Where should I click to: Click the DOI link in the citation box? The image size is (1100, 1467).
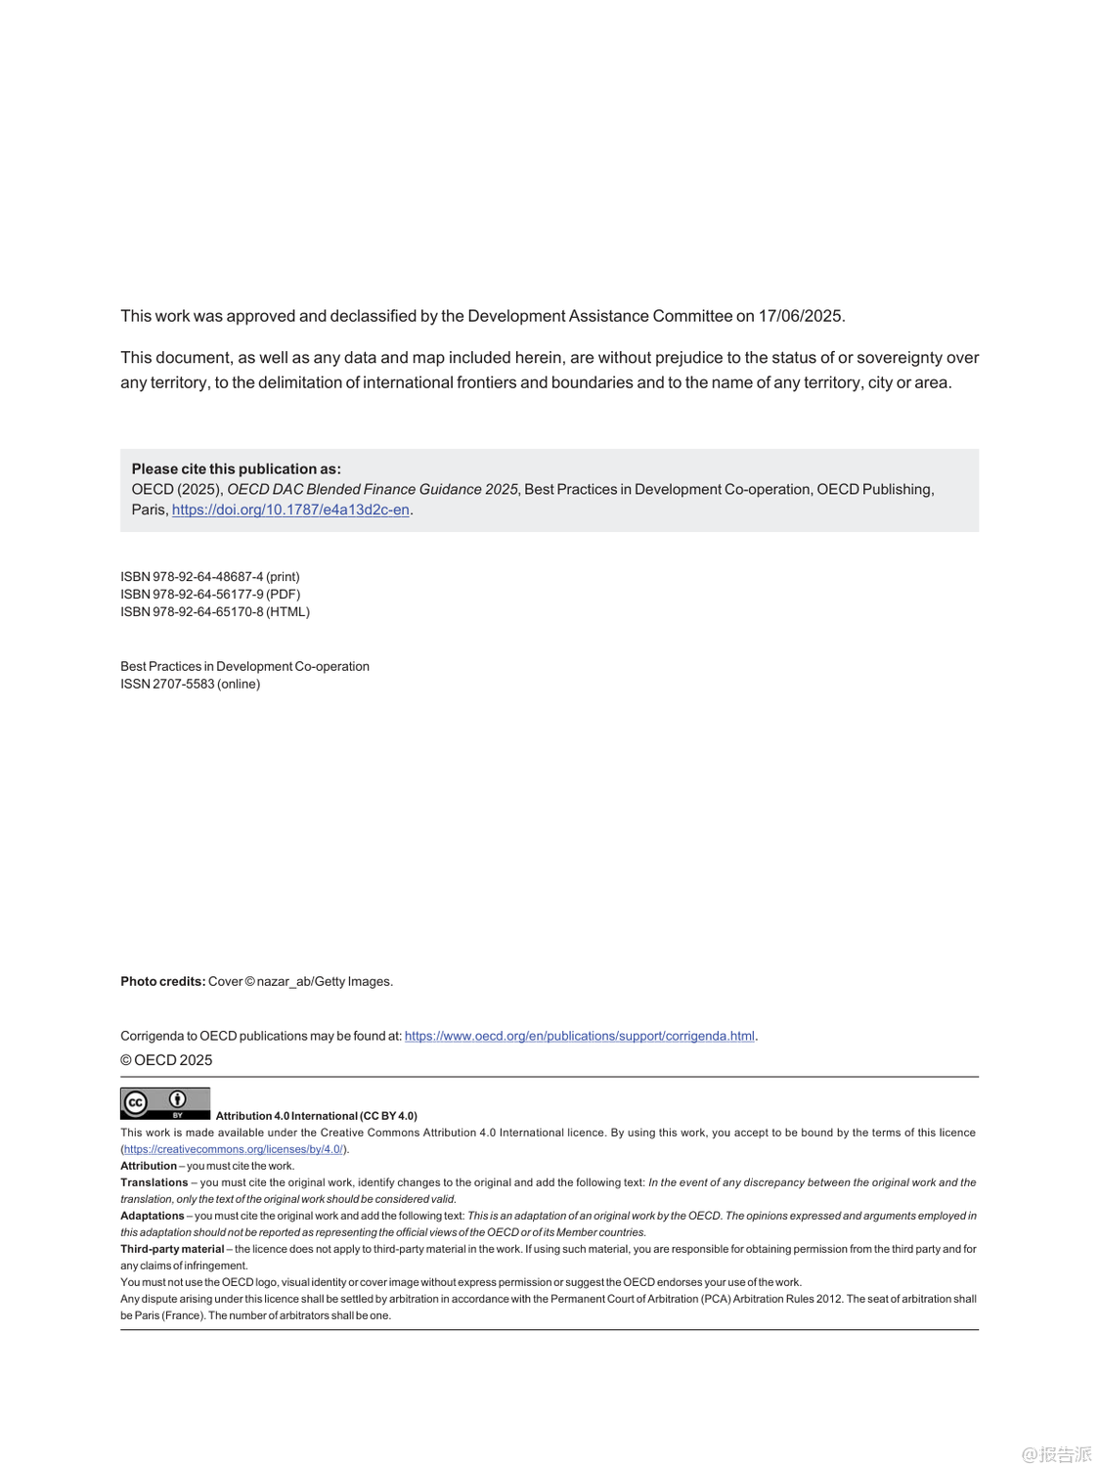pyautogui.click(x=290, y=510)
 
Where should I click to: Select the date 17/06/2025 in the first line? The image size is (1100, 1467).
pyautogui.click(x=800, y=316)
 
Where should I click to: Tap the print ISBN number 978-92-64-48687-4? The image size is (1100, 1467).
pyautogui.click(x=207, y=577)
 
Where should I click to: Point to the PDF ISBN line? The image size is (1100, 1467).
pyautogui.click(x=210, y=595)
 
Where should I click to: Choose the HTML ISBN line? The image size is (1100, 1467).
pyautogui.click(x=215, y=612)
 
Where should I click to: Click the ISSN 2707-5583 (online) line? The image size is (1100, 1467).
pyautogui.click(x=190, y=685)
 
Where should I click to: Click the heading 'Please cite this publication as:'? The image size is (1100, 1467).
pyautogui.click(x=237, y=469)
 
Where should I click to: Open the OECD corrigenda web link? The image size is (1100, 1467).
pyautogui.click(x=579, y=1037)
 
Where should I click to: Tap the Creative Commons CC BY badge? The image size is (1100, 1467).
pyautogui.click(x=164, y=1103)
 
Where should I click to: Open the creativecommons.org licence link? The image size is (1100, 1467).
pyautogui.click(x=234, y=1150)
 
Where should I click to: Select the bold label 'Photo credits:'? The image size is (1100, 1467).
pyautogui.click(x=162, y=982)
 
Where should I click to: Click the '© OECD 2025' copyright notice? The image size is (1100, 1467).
pyautogui.click(x=166, y=1061)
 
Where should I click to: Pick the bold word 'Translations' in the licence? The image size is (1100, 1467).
pyautogui.click(x=154, y=1182)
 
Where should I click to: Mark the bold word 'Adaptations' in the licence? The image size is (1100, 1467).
pyautogui.click(x=152, y=1216)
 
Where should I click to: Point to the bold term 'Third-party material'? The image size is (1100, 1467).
pyautogui.click(x=172, y=1249)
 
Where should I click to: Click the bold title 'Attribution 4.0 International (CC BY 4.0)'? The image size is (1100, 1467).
pyautogui.click(x=316, y=1116)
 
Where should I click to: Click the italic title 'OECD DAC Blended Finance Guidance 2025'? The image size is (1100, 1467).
pyautogui.click(x=372, y=490)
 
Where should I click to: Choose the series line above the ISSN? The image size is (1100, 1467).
pyautogui.click(x=244, y=667)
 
